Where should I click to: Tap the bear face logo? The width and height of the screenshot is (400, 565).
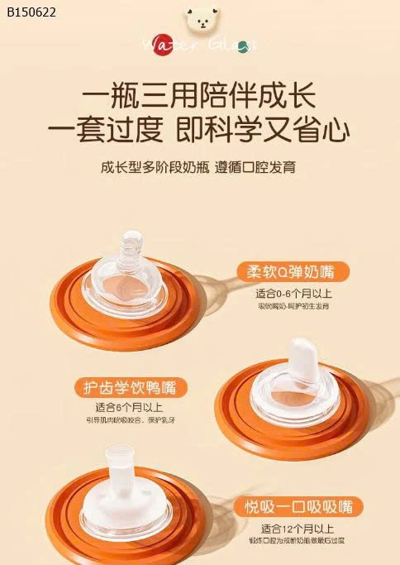point(200,17)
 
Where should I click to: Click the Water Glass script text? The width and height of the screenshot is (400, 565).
point(199,45)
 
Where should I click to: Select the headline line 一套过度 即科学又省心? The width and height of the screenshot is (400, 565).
point(199,132)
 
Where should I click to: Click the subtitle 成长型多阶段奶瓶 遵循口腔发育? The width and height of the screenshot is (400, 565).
point(199,168)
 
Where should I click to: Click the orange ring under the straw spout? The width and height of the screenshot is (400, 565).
point(66,521)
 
